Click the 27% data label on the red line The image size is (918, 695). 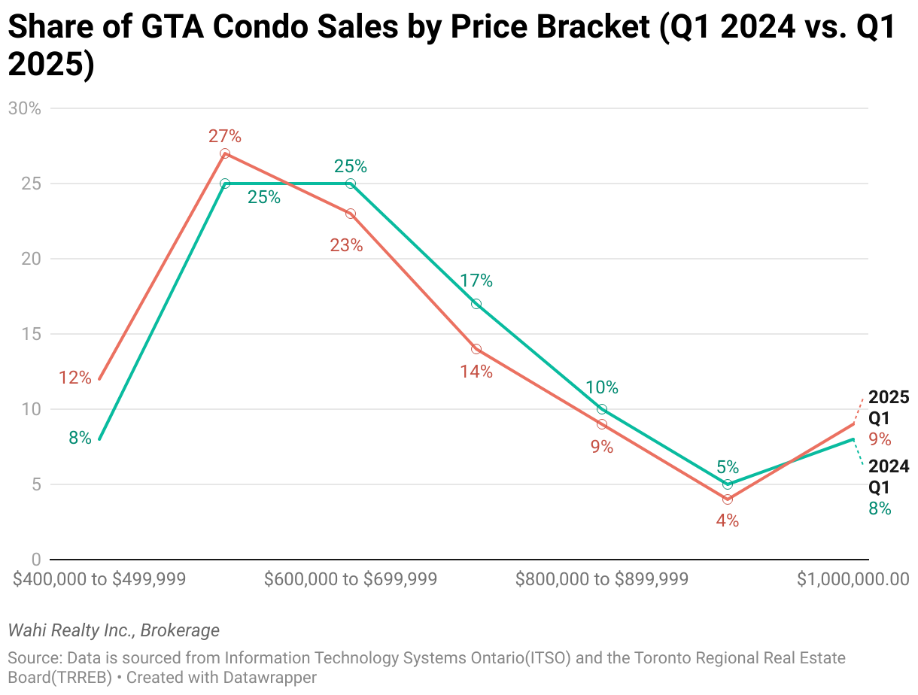coord(225,136)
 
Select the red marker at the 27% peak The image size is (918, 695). coord(225,153)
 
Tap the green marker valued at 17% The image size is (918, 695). coord(476,304)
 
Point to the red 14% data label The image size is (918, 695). coord(476,371)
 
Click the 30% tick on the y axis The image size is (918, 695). coord(24,108)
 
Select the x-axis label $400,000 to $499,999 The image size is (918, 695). coord(100,579)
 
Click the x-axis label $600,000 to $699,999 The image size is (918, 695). coord(351,579)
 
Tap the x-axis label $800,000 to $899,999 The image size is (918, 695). coord(602,579)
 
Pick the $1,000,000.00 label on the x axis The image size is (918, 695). coord(853,579)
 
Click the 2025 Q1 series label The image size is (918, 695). coord(889,408)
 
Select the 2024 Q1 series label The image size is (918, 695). coord(889,477)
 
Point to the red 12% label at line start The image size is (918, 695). coord(74,378)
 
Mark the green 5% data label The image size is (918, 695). coord(728,467)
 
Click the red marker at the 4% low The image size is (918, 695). coord(728,499)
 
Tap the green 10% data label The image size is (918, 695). coord(602,387)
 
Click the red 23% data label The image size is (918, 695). coord(346,244)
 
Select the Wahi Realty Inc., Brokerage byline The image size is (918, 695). coord(114,630)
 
